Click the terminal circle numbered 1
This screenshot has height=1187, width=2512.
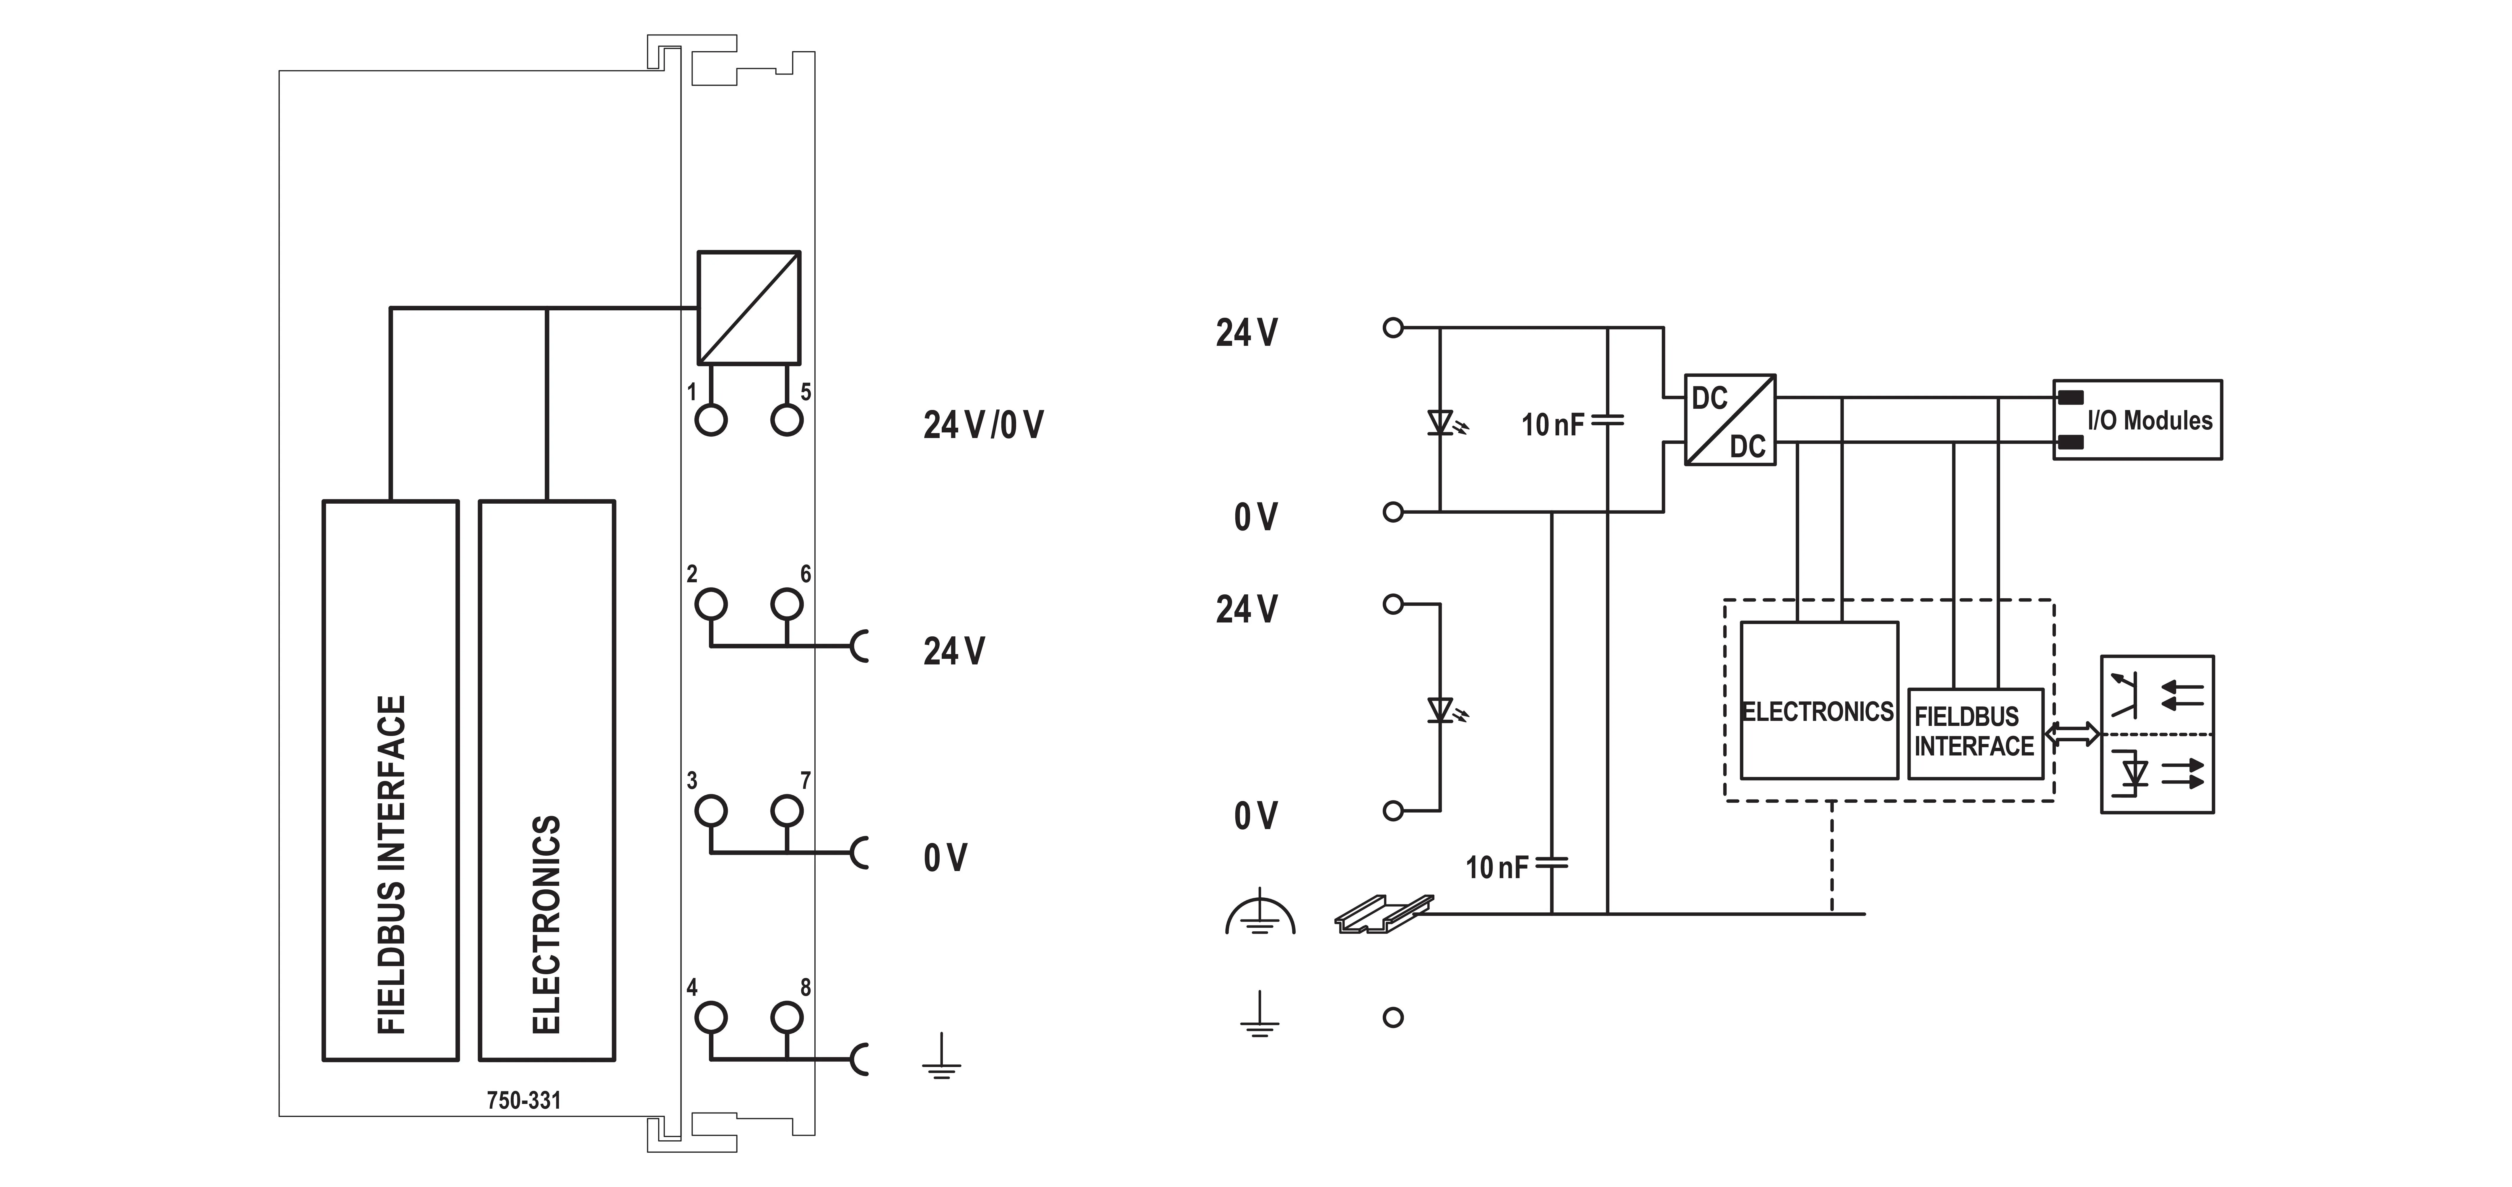(711, 420)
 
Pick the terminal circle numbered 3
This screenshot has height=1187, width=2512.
(711, 810)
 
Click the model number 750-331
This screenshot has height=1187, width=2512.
(524, 1100)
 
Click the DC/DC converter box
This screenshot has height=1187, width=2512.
(1730, 419)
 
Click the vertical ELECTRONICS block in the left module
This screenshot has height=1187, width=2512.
(547, 780)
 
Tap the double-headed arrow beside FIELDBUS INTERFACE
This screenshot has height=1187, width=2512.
(2072, 734)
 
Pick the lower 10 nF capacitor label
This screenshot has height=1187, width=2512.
(1497, 867)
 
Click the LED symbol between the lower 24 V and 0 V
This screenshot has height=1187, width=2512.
(1445, 710)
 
